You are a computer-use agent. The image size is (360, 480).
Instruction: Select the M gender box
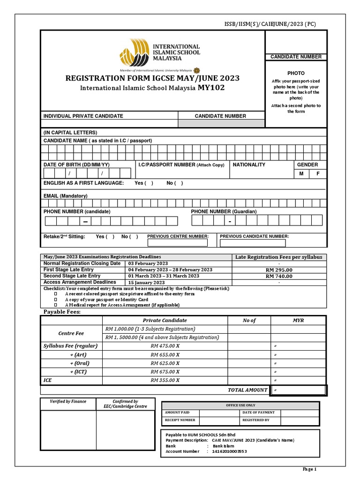(x=301, y=173)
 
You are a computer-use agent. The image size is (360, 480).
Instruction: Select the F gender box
(x=318, y=173)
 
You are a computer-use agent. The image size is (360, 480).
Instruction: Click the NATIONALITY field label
(x=249, y=165)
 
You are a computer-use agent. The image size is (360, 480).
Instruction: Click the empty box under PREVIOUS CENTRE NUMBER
(x=177, y=243)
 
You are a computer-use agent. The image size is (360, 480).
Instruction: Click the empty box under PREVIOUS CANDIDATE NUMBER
(x=253, y=243)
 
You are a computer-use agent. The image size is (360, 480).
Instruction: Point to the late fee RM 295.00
(x=278, y=270)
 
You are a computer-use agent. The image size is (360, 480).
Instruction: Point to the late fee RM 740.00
(x=278, y=277)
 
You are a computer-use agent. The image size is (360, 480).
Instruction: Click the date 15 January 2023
(x=146, y=283)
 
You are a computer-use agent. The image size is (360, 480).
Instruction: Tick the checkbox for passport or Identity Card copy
(x=55, y=300)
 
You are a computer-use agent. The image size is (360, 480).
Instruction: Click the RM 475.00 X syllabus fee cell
(x=165, y=346)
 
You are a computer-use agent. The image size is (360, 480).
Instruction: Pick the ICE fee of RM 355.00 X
(x=165, y=380)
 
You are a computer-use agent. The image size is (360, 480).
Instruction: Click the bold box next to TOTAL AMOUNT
(x=298, y=390)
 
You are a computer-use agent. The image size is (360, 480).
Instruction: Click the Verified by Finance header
(x=68, y=402)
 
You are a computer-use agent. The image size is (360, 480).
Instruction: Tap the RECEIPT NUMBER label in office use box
(x=180, y=420)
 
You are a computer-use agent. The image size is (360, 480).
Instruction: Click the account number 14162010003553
(x=229, y=451)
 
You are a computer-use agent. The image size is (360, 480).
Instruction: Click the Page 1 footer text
(x=309, y=469)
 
